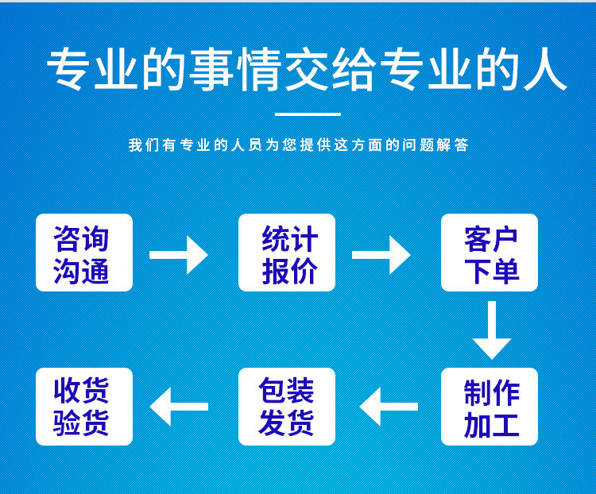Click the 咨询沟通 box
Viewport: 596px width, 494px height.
pos(84,253)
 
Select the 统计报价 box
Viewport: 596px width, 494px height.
pos(287,253)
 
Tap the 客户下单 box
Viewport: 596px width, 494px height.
pos(490,253)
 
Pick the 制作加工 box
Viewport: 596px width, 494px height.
pos(490,406)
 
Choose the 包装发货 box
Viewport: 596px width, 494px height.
pos(287,406)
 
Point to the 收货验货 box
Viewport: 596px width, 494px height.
pos(84,406)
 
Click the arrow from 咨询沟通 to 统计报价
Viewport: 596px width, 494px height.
pos(179,255)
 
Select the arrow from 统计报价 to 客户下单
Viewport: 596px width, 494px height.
pos(381,255)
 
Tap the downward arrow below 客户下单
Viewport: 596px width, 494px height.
pos(491,330)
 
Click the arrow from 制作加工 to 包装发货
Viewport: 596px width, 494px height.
pos(389,407)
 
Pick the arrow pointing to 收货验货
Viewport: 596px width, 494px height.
pos(179,407)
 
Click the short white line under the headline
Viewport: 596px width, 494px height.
pos(306,114)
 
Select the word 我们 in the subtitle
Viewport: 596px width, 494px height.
pos(143,145)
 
